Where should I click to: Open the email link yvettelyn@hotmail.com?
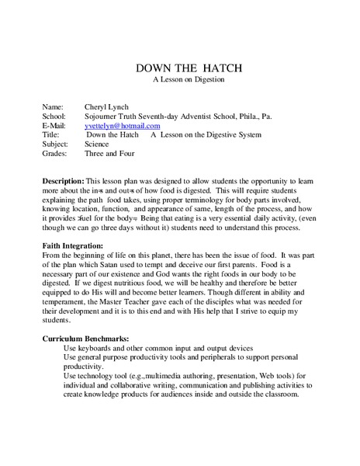click(x=123, y=125)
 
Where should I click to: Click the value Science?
click(x=99, y=144)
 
